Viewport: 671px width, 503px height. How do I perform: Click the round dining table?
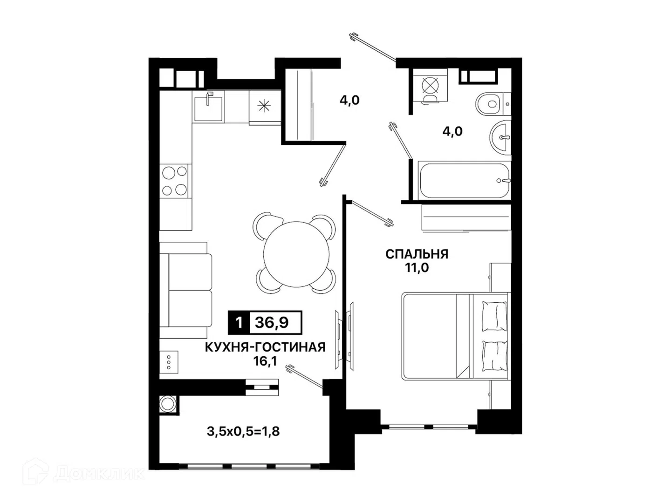tap(296, 254)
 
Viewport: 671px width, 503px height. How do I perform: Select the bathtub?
tap(465, 181)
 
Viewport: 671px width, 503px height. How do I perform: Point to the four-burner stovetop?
tap(174, 181)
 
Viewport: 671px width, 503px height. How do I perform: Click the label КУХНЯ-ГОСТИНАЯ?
tap(265, 347)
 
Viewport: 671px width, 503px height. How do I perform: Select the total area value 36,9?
tap(272, 322)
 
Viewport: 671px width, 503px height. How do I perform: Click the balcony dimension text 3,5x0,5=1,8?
tap(243, 432)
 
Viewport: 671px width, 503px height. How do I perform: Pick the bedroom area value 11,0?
tap(417, 268)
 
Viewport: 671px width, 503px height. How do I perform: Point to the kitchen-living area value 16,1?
tap(265, 361)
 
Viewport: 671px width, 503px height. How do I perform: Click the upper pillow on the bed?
tap(494, 316)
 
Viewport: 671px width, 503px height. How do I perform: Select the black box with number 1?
tap(239, 322)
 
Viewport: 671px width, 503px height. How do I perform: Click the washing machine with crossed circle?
tap(430, 85)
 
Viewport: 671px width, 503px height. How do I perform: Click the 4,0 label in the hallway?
tap(349, 100)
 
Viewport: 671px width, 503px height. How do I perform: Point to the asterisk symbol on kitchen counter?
tap(264, 106)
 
